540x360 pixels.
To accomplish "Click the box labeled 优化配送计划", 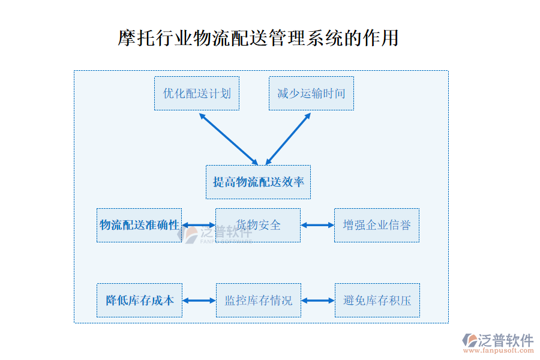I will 196,93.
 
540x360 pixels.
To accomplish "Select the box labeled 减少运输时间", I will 311,93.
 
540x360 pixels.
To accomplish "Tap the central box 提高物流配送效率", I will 258,182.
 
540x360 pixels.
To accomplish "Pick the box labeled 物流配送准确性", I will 139,225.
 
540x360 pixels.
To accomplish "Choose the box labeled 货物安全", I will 258,225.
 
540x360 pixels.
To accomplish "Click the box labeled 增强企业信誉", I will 377,225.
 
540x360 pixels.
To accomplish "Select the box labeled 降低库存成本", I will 139,300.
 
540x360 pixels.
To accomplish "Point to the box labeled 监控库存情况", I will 258,300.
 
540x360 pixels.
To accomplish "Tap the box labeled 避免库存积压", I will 377,300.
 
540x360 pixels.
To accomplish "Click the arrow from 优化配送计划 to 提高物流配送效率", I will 228,139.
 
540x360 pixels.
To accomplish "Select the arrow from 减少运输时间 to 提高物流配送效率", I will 288,139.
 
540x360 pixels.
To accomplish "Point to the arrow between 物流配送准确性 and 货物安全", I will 199,226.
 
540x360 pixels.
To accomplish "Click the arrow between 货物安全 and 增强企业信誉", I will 317,226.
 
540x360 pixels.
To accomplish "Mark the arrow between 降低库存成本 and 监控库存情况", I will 199,300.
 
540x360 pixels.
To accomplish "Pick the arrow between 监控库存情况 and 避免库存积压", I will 318,300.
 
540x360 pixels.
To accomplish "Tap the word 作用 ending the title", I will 383,38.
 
